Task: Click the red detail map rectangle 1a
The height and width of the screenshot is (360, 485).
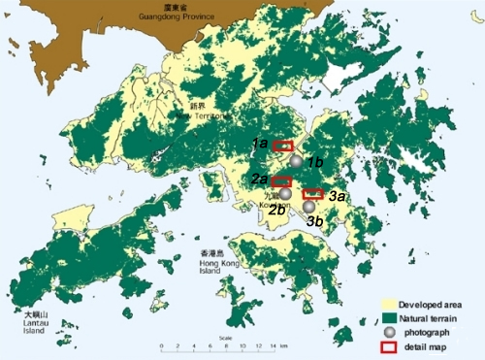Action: click(x=282, y=147)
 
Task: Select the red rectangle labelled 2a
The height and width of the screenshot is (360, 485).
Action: click(x=281, y=181)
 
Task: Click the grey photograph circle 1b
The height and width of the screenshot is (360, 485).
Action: click(x=296, y=161)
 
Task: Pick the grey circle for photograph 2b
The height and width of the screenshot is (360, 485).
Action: click(x=285, y=194)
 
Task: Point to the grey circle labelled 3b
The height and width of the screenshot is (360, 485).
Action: click(x=309, y=207)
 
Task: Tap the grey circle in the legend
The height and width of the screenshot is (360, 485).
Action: click(x=389, y=332)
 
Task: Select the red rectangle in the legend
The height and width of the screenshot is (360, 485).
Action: click(x=389, y=345)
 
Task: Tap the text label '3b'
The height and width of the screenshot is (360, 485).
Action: click(x=316, y=222)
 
